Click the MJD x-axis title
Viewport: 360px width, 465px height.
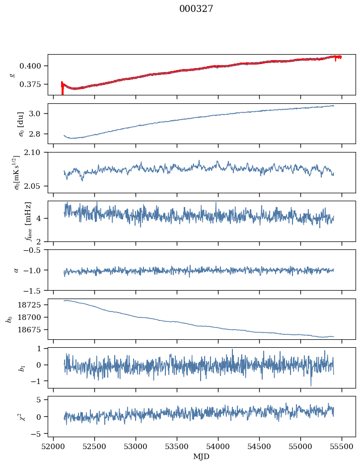202,457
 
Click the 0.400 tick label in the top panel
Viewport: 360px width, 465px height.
34,66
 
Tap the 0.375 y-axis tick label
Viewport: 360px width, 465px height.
34,84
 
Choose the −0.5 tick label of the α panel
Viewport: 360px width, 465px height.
34,250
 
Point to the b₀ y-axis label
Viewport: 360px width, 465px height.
8,318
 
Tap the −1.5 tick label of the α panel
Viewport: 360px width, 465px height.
34,290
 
